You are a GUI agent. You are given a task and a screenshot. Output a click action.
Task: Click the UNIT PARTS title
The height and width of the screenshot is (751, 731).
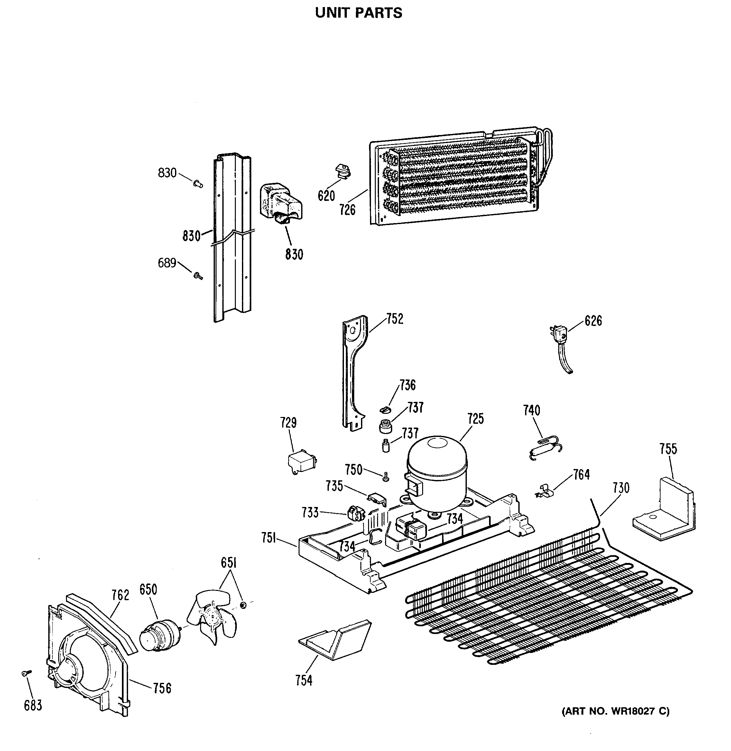tap(359, 13)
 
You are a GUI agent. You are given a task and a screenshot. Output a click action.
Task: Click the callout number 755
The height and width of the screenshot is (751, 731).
tap(668, 449)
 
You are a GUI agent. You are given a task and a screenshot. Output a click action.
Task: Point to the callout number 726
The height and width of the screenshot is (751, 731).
tap(347, 210)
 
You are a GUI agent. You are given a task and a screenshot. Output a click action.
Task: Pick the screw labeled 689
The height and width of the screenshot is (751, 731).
tap(198, 276)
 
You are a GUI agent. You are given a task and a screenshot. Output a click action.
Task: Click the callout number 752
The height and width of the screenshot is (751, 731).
tap(395, 319)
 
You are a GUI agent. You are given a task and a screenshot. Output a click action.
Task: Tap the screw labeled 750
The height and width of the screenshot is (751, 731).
tap(386, 477)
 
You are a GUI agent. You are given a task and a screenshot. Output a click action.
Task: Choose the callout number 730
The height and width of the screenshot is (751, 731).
tap(621, 488)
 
